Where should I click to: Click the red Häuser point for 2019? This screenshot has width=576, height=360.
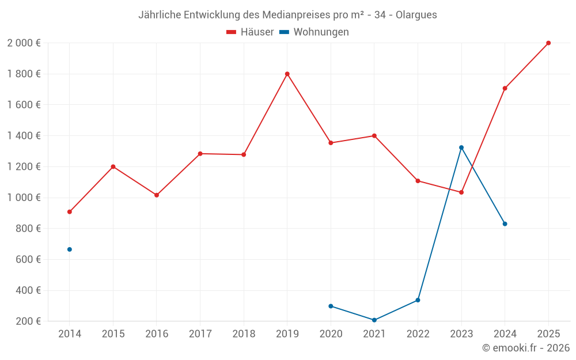tap(287, 74)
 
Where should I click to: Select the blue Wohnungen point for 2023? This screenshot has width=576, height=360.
tap(461, 147)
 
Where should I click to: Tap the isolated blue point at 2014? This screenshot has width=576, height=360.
tap(70, 249)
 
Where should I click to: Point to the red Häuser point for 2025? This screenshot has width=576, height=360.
tap(548, 43)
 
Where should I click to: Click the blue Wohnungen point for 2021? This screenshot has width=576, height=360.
tap(374, 320)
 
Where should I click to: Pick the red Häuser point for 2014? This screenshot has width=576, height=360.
tap(70, 212)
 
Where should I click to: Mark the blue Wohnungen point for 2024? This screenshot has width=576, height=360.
tap(505, 223)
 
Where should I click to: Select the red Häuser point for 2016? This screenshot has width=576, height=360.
tap(157, 195)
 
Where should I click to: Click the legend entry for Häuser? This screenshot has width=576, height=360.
tap(250, 32)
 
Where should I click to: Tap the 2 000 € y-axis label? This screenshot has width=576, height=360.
tap(24, 43)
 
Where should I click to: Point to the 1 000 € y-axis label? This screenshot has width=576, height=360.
tap(24, 198)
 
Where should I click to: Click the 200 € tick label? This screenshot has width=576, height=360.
tap(28, 321)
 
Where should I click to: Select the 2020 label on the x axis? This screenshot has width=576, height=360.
tap(331, 334)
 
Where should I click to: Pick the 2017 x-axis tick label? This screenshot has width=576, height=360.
tap(200, 334)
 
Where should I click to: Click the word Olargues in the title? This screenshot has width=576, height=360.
tap(416, 15)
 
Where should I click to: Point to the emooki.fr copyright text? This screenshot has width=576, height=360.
tap(525, 348)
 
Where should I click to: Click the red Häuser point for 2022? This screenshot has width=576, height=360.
tap(418, 181)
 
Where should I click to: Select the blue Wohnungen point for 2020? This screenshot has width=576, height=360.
tap(331, 306)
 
